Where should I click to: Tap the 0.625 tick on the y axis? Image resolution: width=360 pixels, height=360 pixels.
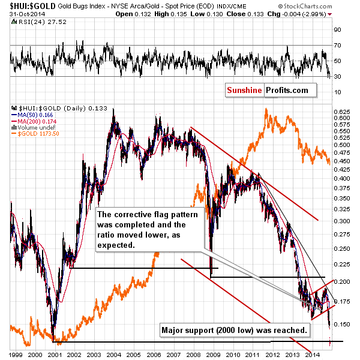341,112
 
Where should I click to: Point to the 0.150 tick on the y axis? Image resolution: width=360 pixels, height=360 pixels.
341,325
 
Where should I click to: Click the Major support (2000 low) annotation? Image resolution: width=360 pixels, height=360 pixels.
235,329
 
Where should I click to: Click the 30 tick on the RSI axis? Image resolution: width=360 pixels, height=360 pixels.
338,76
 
